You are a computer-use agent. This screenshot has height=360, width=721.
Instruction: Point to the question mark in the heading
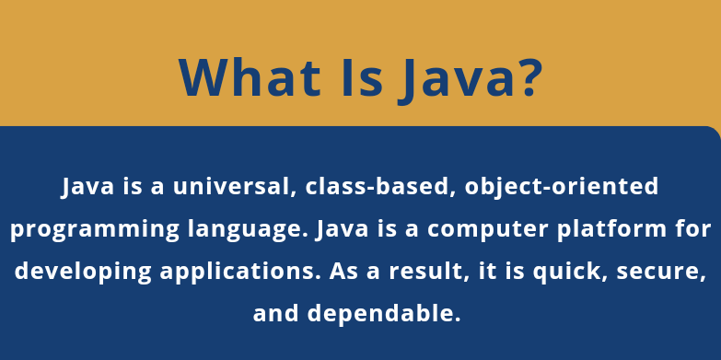[524, 77]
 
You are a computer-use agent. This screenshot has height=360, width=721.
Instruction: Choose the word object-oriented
[563, 186]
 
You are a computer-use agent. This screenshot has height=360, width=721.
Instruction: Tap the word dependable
[384, 314]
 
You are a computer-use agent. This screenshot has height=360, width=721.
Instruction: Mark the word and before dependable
[276, 314]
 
